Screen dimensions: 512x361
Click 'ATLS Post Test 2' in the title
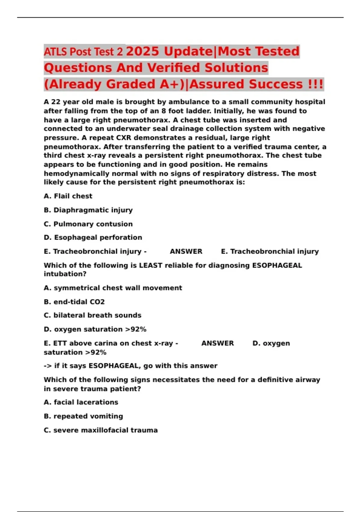(x=83, y=52)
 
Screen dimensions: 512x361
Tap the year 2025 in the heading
(x=142, y=51)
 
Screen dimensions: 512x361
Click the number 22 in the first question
(x=56, y=102)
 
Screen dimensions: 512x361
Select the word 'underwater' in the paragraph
(x=125, y=129)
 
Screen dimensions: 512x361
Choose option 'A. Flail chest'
(x=68, y=196)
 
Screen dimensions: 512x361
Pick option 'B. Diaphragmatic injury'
(x=88, y=210)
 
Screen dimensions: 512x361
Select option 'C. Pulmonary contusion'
(x=88, y=224)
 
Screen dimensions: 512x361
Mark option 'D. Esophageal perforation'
(x=93, y=237)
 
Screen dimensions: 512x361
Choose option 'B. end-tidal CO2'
(x=74, y=302)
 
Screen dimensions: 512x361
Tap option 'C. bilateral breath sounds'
(x=93, y=315)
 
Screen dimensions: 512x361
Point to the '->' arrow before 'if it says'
(x=48, y=366)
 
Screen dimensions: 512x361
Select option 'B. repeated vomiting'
(x=83, y=416)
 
